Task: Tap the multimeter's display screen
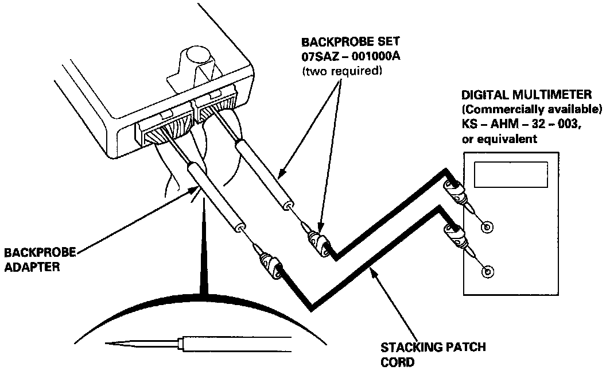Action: (511, 173)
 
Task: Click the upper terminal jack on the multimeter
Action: (487, 228)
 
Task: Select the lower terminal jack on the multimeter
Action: (488, 271)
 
